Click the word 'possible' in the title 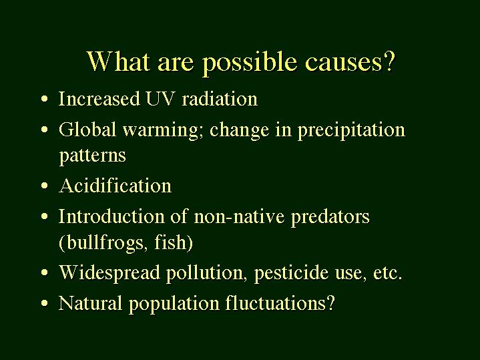250,63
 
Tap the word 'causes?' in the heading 350,62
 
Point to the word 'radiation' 220,98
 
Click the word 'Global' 87,129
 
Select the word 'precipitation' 351,130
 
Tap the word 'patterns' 92,156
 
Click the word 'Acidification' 115,185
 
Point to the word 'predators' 330,217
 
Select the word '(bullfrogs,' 101,242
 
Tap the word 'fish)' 174,242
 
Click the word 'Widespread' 109,272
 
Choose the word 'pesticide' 292,273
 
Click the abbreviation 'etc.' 387,273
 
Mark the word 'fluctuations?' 280,303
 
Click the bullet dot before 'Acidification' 44,186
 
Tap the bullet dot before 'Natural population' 44,303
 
